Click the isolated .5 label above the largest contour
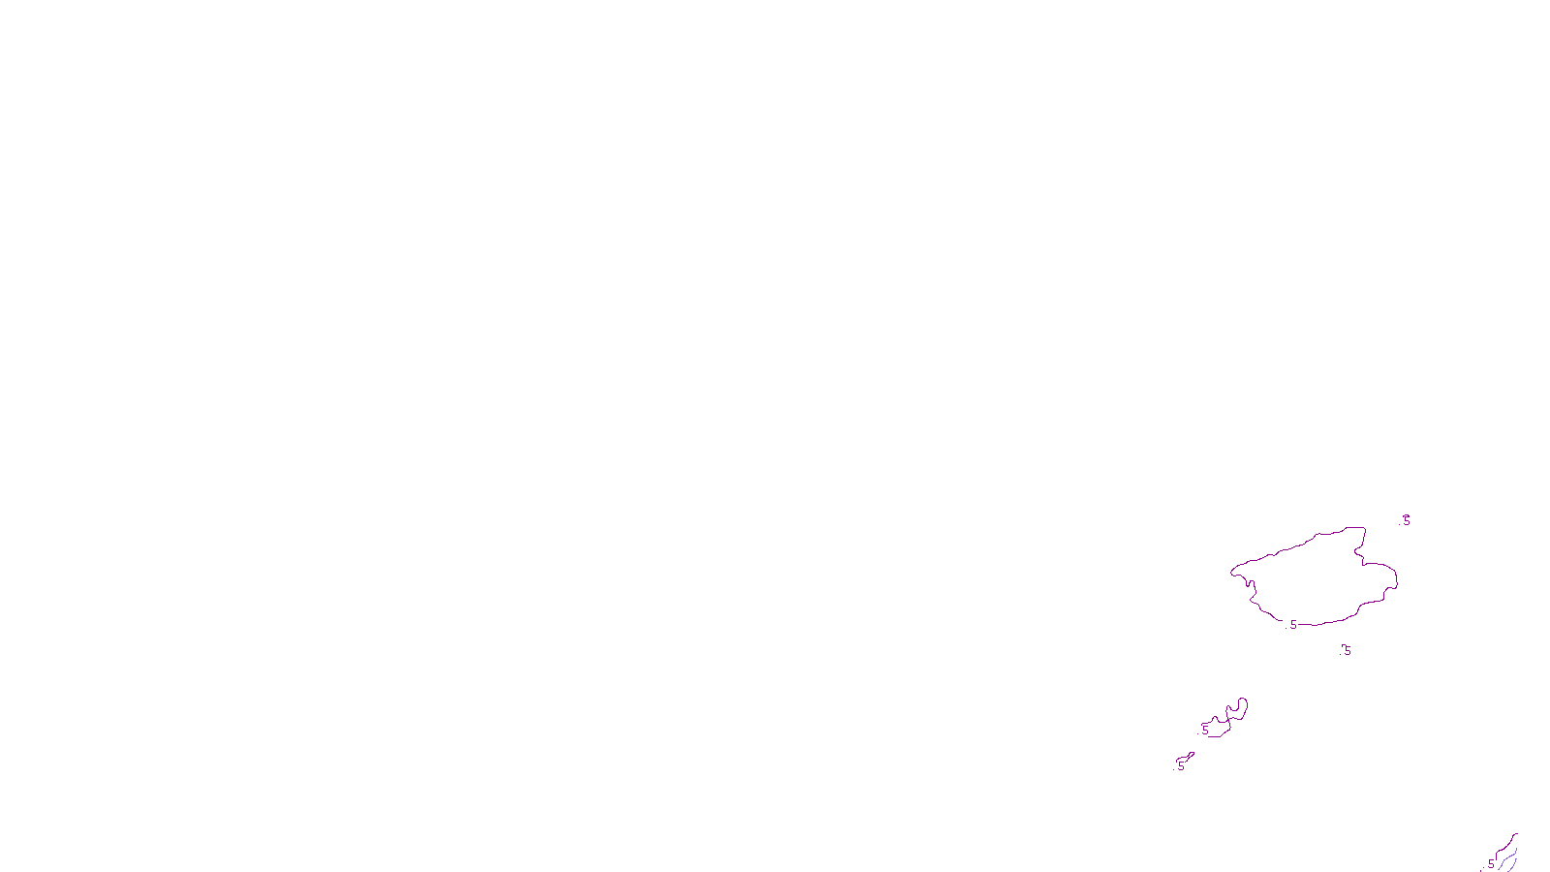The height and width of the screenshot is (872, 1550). (1406, 520)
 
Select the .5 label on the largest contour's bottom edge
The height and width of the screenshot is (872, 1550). (1292, 625)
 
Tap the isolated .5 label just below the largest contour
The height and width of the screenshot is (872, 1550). (1345, 650)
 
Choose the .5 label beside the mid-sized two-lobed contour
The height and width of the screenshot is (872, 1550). (1204, 729)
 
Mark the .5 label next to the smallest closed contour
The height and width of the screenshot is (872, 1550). (1180, 765)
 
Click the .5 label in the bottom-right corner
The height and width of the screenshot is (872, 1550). (1490, 864)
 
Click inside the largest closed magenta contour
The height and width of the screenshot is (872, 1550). (1317, 581)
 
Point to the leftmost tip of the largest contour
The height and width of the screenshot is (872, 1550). (1231, 572)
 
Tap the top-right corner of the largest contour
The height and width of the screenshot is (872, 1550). (1364, 528)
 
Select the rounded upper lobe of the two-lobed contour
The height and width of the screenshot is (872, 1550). (1239, 708)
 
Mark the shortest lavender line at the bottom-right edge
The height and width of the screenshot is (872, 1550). (1513, 865)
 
